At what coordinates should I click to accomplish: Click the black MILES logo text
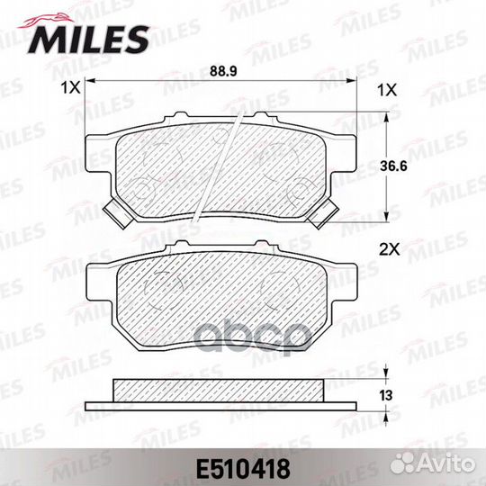pos(89,40)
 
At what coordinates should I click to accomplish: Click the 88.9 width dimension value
pos(223,72)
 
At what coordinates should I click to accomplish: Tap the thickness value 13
pos(386,395)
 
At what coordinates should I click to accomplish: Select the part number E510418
pos(243,469)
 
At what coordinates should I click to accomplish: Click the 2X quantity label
pos(390,249)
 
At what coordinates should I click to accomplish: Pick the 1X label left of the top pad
pos(71,88)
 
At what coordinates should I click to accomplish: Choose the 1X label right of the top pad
pos(387,90)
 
